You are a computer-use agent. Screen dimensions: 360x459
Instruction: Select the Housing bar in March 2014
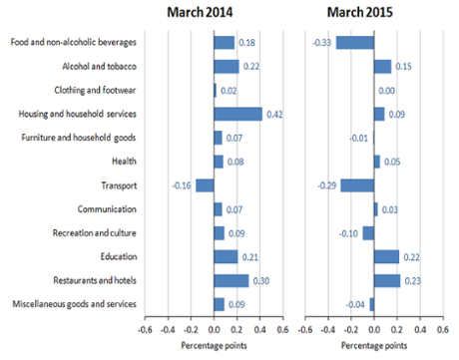point(237,114)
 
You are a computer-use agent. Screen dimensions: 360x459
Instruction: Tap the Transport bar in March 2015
point(357,185)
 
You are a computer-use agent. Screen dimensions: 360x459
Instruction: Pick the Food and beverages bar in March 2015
point(354,42)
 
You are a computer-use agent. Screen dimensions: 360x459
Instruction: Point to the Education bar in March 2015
point(386,256)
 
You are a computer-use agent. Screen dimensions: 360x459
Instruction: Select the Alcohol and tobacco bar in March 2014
point(226,66)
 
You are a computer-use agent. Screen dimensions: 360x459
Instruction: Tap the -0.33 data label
point(321,42)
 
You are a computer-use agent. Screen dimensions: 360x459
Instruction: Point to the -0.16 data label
point(181,185)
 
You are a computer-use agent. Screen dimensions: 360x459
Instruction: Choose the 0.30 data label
point(261,280)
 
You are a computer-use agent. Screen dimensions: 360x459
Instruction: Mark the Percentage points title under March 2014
point(214,346)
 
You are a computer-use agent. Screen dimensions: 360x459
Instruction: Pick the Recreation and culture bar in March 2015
point(368,232)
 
